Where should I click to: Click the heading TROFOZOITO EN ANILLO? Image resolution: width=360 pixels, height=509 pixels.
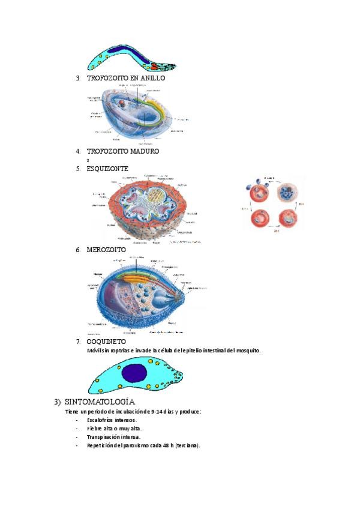click(125, 78)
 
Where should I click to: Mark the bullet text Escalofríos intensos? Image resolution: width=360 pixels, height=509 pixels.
click(112, 420)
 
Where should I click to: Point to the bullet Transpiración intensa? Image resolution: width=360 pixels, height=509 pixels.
click(113, 437)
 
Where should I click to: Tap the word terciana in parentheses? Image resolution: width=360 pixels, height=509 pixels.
click(187, 445)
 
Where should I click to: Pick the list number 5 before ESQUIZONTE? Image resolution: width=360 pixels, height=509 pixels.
click(78, 169)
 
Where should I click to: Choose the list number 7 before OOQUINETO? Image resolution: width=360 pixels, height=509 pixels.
click(78, 342)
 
